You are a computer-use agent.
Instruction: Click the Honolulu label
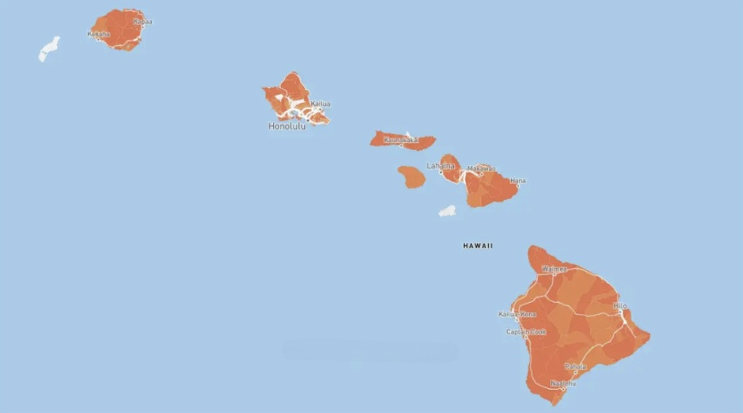tap(287, 126)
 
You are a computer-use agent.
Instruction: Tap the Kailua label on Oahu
tap(320, 104)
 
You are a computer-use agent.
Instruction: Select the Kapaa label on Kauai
tap(142, 21)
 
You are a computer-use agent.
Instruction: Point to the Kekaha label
tap(99, 34)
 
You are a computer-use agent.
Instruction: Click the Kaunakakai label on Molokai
tap(401, 140)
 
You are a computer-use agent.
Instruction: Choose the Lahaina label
tap(440, 166)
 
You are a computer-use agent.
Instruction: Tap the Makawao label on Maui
tap(481, 168)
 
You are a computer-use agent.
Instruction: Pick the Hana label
tap(518, 180)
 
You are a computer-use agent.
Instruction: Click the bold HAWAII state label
tap(478, 246)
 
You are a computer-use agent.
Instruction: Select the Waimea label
tap(554, 269)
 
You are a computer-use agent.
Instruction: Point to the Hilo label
tap(620, 306)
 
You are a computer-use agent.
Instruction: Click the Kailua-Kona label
tap(517, 314)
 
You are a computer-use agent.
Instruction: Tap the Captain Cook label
tap(526, 332)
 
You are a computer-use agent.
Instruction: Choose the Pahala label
tap(575, 366)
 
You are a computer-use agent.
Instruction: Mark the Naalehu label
tap(563, 383)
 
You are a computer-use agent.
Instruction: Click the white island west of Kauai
tap(49, 49)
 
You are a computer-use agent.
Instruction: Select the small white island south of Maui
tap(447, 212)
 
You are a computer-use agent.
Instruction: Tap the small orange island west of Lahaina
tap(412, 177)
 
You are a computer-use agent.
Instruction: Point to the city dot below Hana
tap(518, 186)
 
